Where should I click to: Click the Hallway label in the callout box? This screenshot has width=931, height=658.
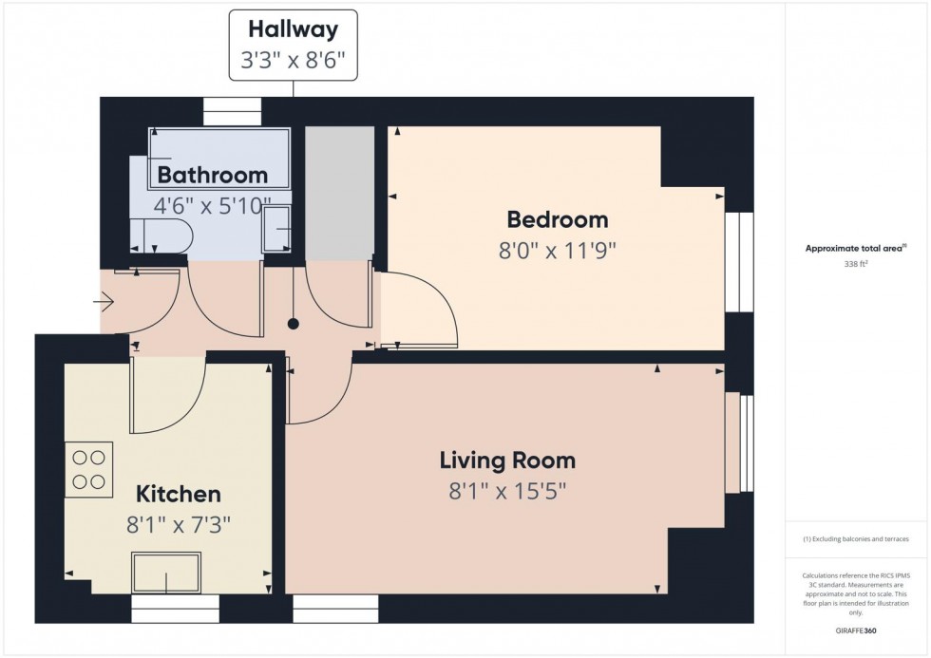click(x=292, y=30)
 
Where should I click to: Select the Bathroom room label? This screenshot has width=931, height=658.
click(x=213, y=175)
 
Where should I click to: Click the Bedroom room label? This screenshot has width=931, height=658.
click(x=558, y=220)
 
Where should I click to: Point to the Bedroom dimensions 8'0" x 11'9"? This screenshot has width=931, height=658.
click(x=558, y=252)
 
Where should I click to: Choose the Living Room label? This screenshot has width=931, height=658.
click(x=507, y=461)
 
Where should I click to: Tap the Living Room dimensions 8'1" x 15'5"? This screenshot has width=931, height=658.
click(x=507, y=493)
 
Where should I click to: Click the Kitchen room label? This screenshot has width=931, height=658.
click(x=179, y=494)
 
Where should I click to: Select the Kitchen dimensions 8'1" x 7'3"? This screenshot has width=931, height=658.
click(x=179, y=524)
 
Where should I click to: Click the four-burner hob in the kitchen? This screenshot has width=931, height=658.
click(x=89, y=469)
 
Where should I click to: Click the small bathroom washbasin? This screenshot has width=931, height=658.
click(x=276, y=229)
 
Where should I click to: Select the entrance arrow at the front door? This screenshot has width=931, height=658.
click(x=104, y=303)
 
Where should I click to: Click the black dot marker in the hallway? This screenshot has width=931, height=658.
click(x=294, y=324)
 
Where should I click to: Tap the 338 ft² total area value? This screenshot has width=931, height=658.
click(x=856, y=266)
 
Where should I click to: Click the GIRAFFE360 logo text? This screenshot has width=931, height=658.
click(x=856, y=629)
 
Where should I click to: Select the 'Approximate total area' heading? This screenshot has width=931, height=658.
click(x=854, y=249)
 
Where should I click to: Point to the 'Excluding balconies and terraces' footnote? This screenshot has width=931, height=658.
click(x=856, y=539)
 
